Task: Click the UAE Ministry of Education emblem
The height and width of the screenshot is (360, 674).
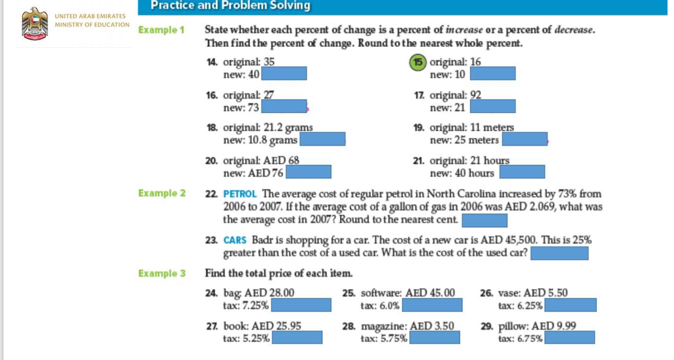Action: pyautogui.click(x=35, y=24)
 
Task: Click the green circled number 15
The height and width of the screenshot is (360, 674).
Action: pyautogui.click(x=418, y=63)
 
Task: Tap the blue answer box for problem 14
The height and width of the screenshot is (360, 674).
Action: pyautogui.click(x=284, y=74)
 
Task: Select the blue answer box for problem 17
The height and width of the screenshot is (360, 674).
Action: pyautogui.click(x=493, y=107)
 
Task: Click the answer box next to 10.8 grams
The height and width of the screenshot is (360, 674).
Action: pyautogui.click(x=322, y=140)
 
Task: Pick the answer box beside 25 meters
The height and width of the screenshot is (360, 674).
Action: pyautogui.click(x=525, y=140)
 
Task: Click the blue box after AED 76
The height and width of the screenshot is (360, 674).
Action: pyautogui.click(x=309, y=172)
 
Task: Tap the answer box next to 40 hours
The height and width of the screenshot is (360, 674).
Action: pyautogui.click(x=522, y=172)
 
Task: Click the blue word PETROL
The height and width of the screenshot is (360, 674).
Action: pyautogui.click(x=240, y=194)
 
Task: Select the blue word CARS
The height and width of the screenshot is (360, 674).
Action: pyautogui.click(x=235, y=241)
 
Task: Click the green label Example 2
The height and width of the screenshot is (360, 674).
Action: pyautogui.click(x=162, y=193)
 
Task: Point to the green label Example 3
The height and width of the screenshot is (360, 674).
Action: pyautogui.click(x=162, y=273)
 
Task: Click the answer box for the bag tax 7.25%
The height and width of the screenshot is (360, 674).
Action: pyautogui.click(x=301, y=305)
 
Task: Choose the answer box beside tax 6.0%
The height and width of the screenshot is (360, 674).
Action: pyautogui.click(x=432, y=305)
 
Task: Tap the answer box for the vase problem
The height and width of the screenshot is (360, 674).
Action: pyautogui.click(x=570, y=305)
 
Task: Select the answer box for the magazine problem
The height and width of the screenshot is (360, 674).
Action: pyautogui.click(x=434, y=338)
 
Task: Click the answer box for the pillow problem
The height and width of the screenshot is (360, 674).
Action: pyautogui.click(x=570, y=338)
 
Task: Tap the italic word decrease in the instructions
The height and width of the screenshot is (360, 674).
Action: pyautogui.click(x=573, y=30)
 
